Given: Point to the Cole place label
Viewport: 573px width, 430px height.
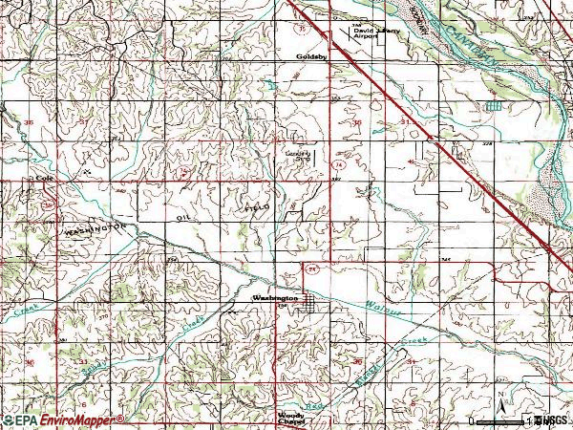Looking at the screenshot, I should [41, 179].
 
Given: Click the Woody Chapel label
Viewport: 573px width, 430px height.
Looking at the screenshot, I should [292, 419].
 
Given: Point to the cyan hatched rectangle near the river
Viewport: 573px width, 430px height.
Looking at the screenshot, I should [492, 106].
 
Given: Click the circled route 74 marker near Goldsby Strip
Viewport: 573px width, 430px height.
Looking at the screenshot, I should [339, 165].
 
